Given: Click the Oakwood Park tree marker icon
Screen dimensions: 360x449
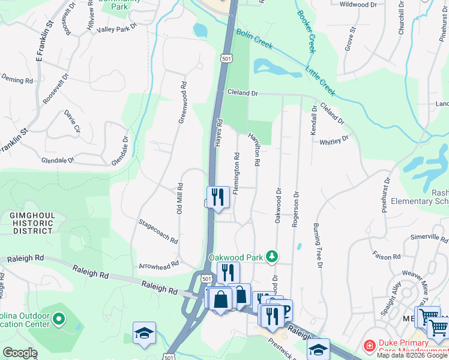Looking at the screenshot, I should pos(272,257).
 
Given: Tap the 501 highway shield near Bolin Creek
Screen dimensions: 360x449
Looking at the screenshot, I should pos(225,59).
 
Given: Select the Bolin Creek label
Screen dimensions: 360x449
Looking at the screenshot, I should pos(255,39).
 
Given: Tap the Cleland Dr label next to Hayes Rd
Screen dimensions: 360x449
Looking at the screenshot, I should pos(242,94).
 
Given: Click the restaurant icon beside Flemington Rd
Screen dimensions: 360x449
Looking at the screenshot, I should pos(218,196).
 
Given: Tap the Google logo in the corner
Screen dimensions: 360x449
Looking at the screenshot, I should pos(20,353).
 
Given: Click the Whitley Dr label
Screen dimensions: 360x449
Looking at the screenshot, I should pos(334,140).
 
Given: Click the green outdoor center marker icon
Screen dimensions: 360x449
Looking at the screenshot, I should pos(58,320).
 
